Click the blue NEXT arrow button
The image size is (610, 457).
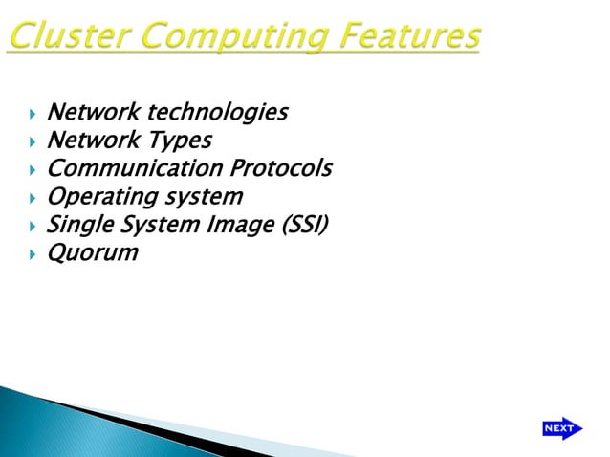click(x=560, y=428)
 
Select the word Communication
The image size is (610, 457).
click(x=135, y=169)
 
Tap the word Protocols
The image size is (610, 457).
click(x=281, y=169)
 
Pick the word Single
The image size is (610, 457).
click(x=78, y=226)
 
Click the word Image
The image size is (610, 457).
click(x=221, y=226)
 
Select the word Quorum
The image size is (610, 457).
click(x=93, y=253)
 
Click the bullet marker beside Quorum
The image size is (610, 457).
click(x=31, y=254)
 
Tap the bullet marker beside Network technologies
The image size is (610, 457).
click(x=31, y=114)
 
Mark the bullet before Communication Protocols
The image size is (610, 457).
click(x=31, y=170)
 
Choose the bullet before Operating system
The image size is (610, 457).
click(x=31, y=198)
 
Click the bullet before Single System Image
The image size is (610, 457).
click(x=31, y=227)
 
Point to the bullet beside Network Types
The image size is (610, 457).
click(x=31, y=141)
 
